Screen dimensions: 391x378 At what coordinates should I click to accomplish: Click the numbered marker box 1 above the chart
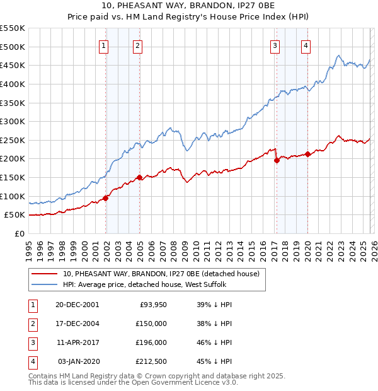point(103,45)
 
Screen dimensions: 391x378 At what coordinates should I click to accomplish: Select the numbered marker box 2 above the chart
point(137,45)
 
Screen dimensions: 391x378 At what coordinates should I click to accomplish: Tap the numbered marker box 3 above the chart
point(275,45)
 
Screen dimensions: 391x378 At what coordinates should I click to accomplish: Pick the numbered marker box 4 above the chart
point(305,45)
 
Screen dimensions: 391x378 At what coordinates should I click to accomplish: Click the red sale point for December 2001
point(105,198)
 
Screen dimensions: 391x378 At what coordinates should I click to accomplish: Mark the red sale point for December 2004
point(139,177)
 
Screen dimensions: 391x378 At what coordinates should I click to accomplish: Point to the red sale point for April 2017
point(277,160)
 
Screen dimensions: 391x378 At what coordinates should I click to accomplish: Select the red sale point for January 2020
point(307,154)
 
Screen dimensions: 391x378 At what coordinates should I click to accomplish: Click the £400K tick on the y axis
point(14,84)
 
